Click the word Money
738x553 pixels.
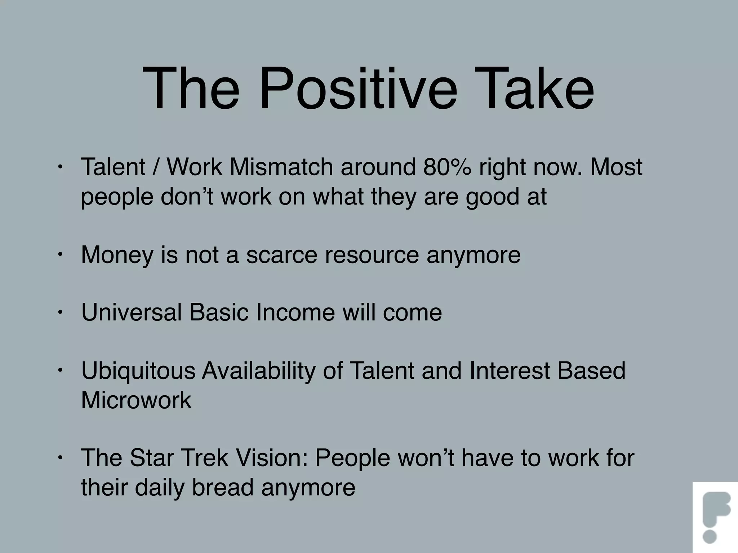click(117, 255)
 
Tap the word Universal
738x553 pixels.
click(132, 312)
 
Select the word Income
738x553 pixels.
click(295, 312)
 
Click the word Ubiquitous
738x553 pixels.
click(138, 371)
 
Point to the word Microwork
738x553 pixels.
click(136, 400)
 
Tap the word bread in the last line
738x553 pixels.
click(223, 487)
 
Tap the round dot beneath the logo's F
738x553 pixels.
click(710, 536)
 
